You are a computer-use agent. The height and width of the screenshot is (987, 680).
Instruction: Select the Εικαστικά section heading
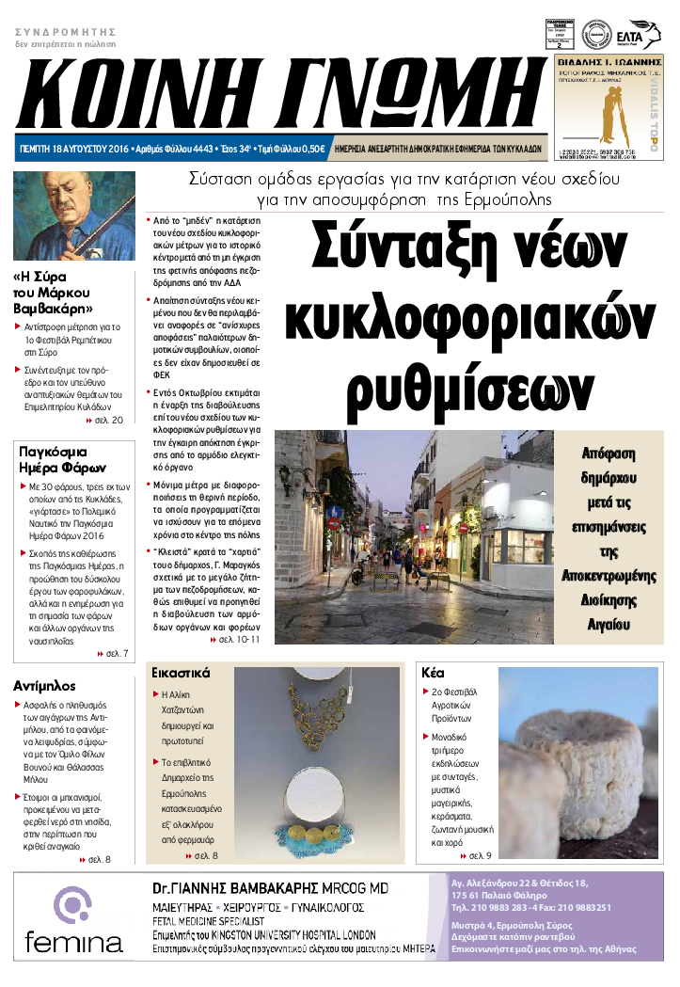[x=181, y=674]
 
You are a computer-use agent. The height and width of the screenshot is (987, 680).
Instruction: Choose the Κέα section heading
[x=434, y=674]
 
